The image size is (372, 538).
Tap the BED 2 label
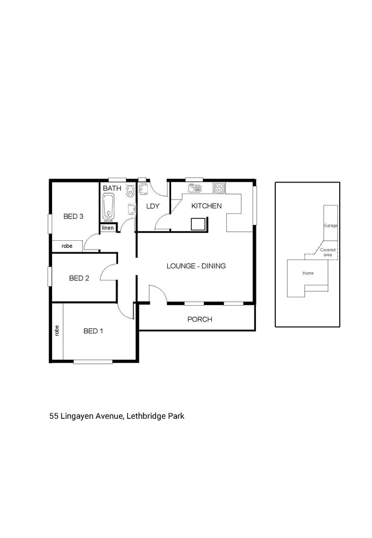[x=79, y=278]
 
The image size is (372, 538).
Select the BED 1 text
[x=93, y=331]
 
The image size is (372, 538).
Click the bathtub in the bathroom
[x=108, y=207]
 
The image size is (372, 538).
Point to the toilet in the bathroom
[x=130, y=191]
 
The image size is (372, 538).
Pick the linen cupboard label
[x=108, y=228]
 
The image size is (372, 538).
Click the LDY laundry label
[x=152, y=206]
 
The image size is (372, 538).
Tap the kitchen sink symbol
[x=193, y=188]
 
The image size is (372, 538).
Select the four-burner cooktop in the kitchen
[x=219, y=188]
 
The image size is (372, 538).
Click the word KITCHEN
[x=206, y=206]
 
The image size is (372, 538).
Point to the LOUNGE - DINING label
[x=196, y=266]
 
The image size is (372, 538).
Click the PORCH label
[x=199, y=319]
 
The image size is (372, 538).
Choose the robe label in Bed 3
[x=67, y=246]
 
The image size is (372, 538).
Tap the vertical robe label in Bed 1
[x=57, y=331]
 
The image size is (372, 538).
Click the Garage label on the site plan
[x=330, y=225]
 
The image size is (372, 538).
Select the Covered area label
[x=327, y=252]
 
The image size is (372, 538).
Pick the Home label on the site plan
[x=308, y=273]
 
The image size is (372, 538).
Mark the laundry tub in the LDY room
[x=143, y=190]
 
